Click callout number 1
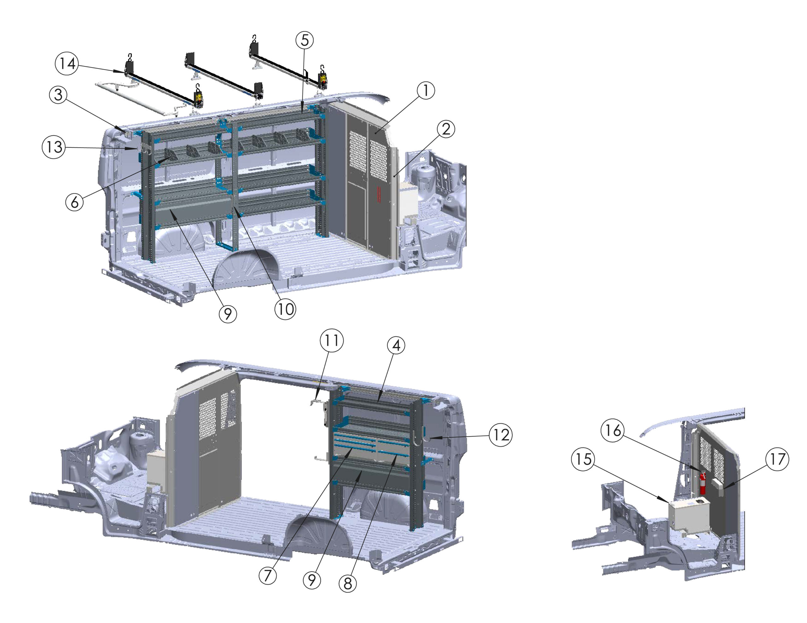426,90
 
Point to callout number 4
396,346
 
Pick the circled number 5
305,40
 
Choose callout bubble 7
268,575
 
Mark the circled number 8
348,584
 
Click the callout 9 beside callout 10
228,314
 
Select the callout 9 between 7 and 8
312,580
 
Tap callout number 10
285,309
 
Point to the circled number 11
331,340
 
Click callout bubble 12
501,435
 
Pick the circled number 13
54,147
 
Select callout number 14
67,64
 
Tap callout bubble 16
613,430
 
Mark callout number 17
777,459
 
